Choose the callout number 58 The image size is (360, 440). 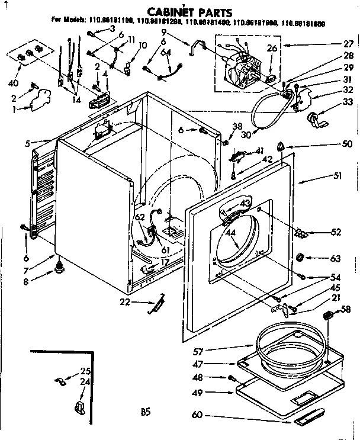[x=346, y=309]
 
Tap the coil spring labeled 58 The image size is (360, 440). [x=328, y=317]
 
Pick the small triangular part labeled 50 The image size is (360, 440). [x=282, y=145]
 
